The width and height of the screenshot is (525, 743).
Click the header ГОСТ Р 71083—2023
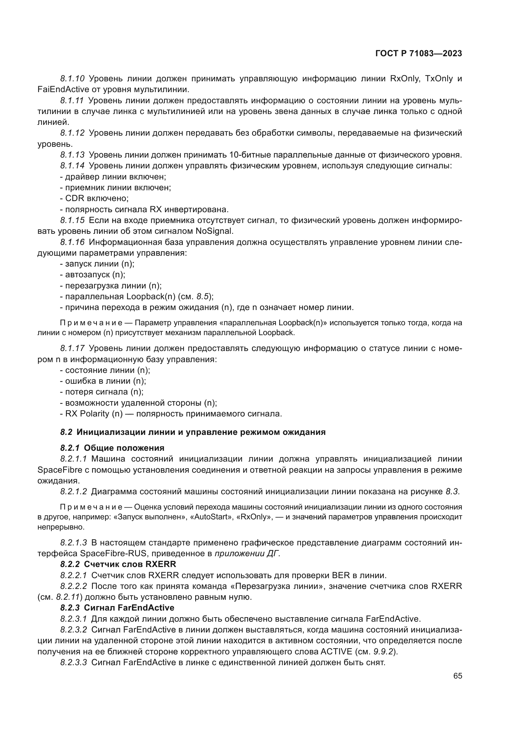[418, 54]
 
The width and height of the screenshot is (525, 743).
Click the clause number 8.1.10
[72, 79]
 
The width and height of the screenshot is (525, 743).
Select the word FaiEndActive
[60, 89]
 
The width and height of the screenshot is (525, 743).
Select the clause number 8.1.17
[72, 348]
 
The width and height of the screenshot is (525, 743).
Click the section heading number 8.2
[66, 432]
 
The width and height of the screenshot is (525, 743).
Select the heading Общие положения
[124, 448]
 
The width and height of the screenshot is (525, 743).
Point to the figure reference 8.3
[453, 491]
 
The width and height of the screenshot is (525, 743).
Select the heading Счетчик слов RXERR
[130, 564]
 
